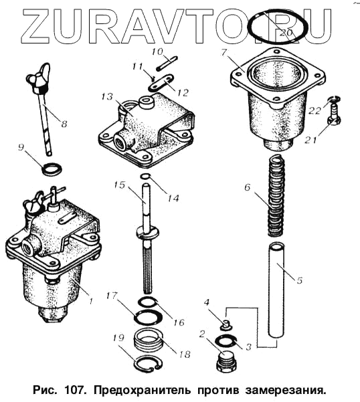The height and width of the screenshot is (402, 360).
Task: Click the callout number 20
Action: [x=286, y=32]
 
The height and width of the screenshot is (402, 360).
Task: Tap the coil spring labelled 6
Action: [x=276, y=195]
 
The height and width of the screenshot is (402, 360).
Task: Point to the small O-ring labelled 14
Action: [x=145, y=176]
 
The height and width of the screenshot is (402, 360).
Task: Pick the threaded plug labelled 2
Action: [x=226, y=362]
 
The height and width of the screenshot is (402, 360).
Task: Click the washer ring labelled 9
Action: [x=52, y=169]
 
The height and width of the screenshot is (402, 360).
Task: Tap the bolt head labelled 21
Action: [x=334, y=120]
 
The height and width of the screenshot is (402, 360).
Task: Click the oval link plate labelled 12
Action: [x=161, y=82]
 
